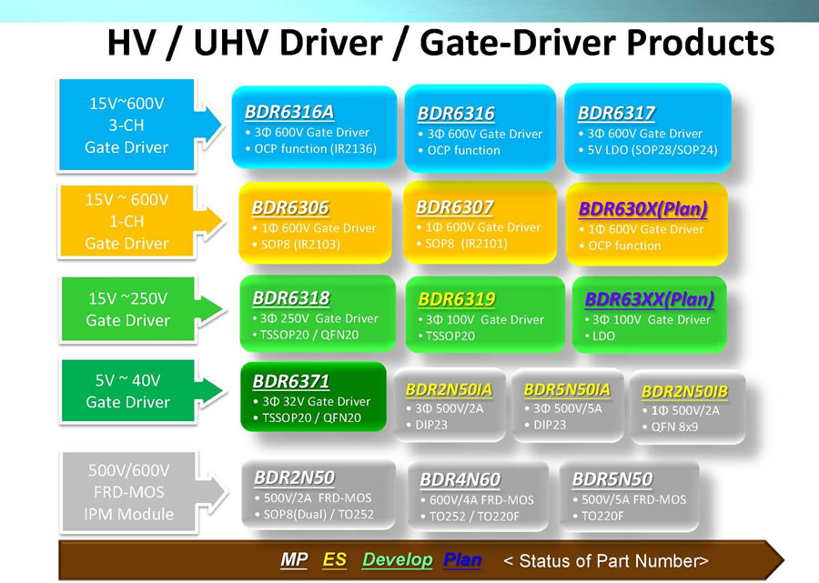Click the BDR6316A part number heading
coord(289,112)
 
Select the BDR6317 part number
coord(616,114)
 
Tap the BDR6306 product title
coord(290,207)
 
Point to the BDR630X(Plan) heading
coord(643,209)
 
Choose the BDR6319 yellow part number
coord(457,299)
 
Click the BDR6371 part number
coord(291,381)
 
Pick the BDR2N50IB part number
coord(684,391)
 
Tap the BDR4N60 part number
coord(460,479)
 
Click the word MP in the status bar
coord(294,559)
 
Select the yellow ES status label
coord(335,559)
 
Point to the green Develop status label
coord(398,559)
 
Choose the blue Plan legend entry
coord(463,559)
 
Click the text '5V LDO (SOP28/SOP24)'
coord(652,150)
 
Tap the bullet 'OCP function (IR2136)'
coord(316,149)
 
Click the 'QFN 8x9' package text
coord(674,427)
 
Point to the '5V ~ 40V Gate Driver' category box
coord(128,391)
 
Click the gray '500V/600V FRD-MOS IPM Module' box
coord(129,492)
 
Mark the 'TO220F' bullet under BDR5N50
coord(602,516)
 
